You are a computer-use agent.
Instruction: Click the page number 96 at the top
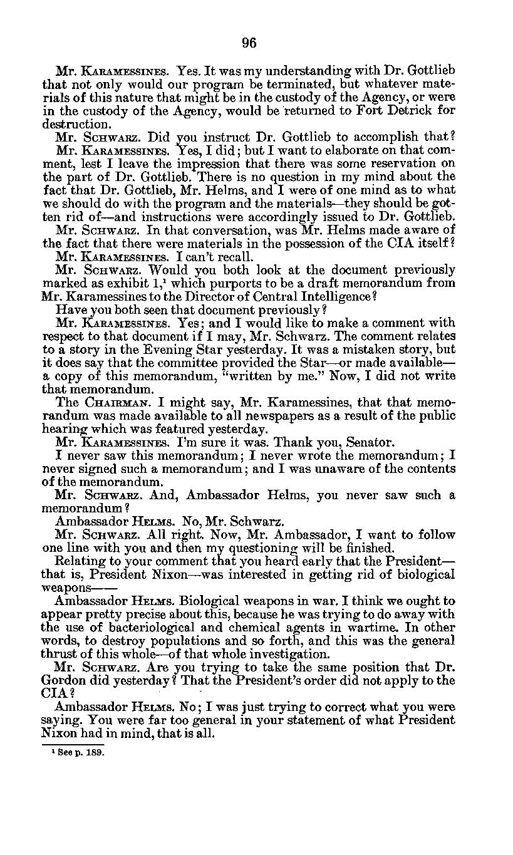pos(249,43)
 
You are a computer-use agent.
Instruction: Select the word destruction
pos(76,125)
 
